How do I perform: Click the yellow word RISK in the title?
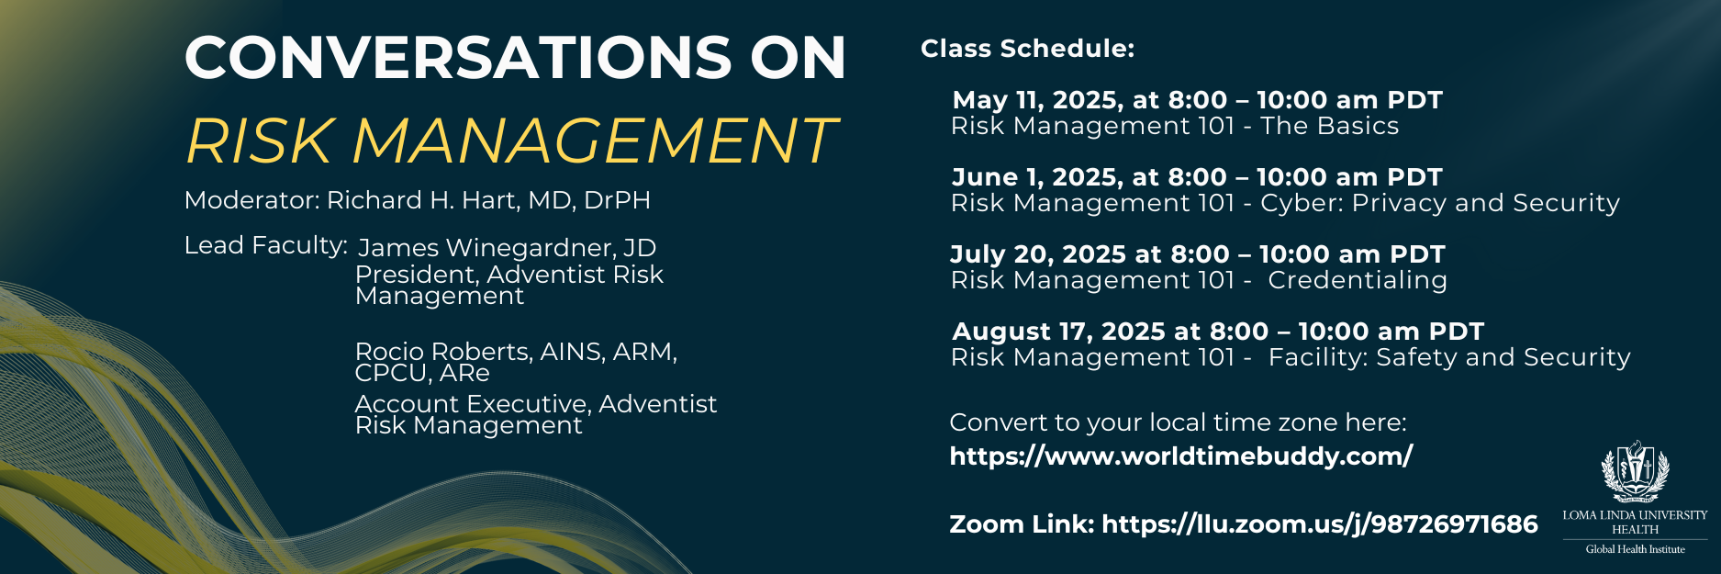259,141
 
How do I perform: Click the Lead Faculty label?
266,246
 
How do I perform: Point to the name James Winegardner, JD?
507,248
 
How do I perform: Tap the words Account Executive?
472,404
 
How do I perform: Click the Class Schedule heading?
1028,49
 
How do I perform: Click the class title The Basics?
1330,126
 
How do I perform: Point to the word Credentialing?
1358,280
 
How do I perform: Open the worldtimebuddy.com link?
1181,456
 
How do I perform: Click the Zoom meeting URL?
1320,524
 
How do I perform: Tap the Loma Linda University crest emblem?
1635,471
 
